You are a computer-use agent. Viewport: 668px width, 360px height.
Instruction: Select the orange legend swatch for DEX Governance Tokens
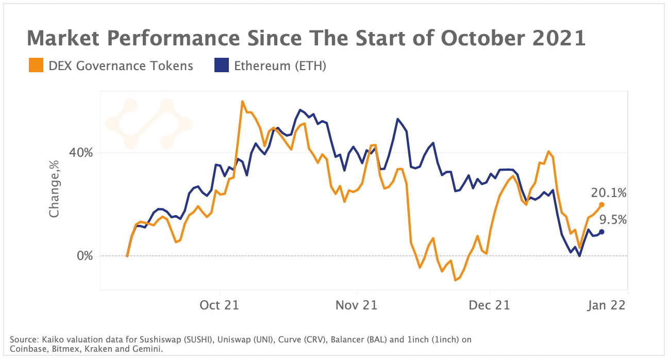coord(36,66)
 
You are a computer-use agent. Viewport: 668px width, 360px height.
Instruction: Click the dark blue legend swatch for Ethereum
coord(221,66)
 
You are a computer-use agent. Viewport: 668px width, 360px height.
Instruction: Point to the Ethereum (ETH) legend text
coord(280,66)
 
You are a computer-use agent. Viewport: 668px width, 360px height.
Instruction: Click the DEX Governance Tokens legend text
coord(121,66)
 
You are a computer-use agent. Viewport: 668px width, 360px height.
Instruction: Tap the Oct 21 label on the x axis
coord(219,305)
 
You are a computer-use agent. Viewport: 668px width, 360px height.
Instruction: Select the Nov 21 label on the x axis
coord(356,305)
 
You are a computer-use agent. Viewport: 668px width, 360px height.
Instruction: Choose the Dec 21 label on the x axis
coord(489,305)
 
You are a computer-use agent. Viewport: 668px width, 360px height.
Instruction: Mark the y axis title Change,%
coord(54,189)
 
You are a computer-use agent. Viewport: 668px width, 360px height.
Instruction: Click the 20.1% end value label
coord(609,193)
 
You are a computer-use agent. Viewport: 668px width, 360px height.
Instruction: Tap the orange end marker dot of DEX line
coord(602,205)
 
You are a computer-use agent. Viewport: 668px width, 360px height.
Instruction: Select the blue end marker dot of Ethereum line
coord(602,232)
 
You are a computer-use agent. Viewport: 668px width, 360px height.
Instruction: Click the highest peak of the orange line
coord(242,102)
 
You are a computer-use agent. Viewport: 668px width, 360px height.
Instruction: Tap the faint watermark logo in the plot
coord(149,124)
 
